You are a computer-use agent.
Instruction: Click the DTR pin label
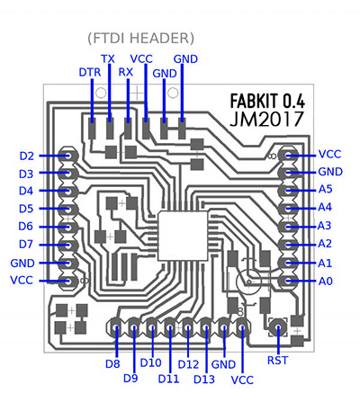(90, 72)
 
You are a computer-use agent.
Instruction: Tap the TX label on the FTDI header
(108, 58)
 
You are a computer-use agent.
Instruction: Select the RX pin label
(126, 72)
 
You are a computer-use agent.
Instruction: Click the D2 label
(27, 156)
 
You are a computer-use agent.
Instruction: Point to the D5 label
(26, 209)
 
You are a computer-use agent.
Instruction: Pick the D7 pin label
(26, 245)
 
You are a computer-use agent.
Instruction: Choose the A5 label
(326, 189)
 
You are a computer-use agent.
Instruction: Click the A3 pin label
(324, 226)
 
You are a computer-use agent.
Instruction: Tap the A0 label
(326, 281)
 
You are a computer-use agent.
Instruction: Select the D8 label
(112, 364)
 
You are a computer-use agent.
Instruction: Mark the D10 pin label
(151, 362)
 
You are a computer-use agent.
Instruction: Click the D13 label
(204, 380)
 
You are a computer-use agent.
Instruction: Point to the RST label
(277, 361)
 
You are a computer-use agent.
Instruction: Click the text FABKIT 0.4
(267, 101)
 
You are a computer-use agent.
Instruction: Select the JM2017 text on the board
(266, 119)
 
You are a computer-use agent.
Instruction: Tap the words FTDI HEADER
(141, 39)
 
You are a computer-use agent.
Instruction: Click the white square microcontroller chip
(183, 236)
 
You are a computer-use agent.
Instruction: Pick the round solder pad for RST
(278, 326)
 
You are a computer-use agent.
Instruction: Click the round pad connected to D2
(68, 156)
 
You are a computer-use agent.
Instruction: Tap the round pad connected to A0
(287, 281)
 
